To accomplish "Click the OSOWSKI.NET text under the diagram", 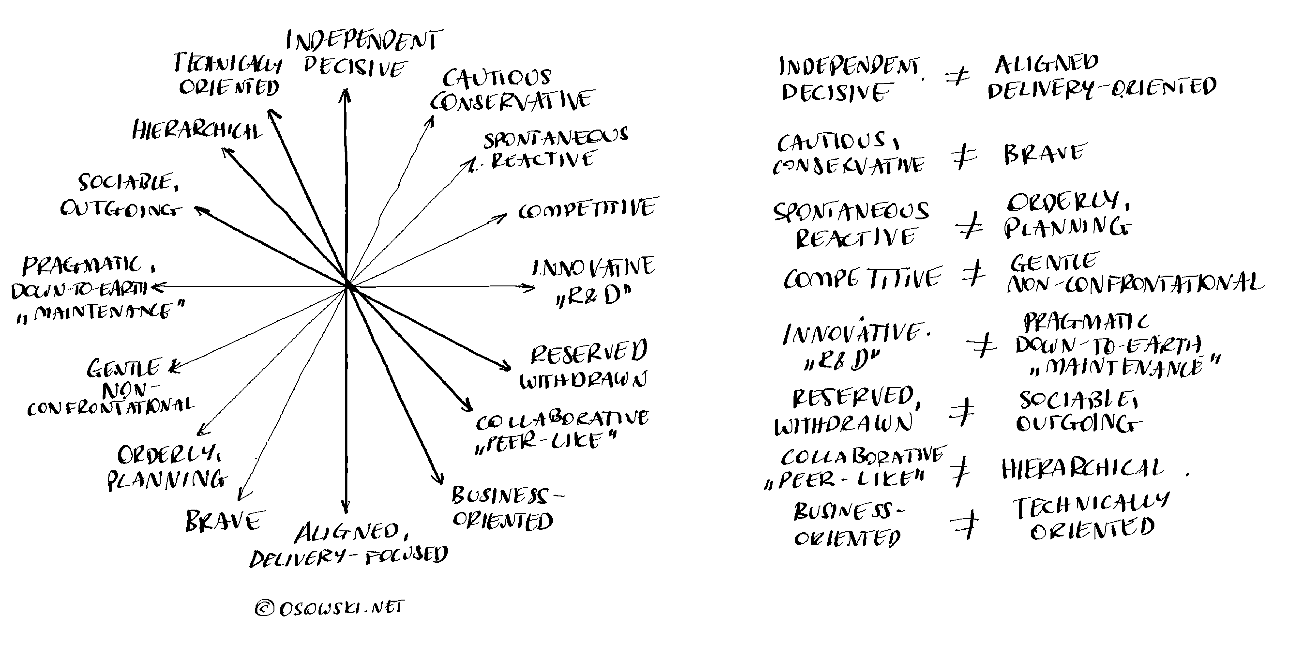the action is tap(341, 607).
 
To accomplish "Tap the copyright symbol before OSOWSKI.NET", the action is tap(265, 608).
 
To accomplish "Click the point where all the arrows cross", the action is tap(347, 286).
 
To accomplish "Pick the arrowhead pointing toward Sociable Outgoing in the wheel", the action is tap(199, 209).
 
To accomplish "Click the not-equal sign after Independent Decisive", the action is tap(958, 78).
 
